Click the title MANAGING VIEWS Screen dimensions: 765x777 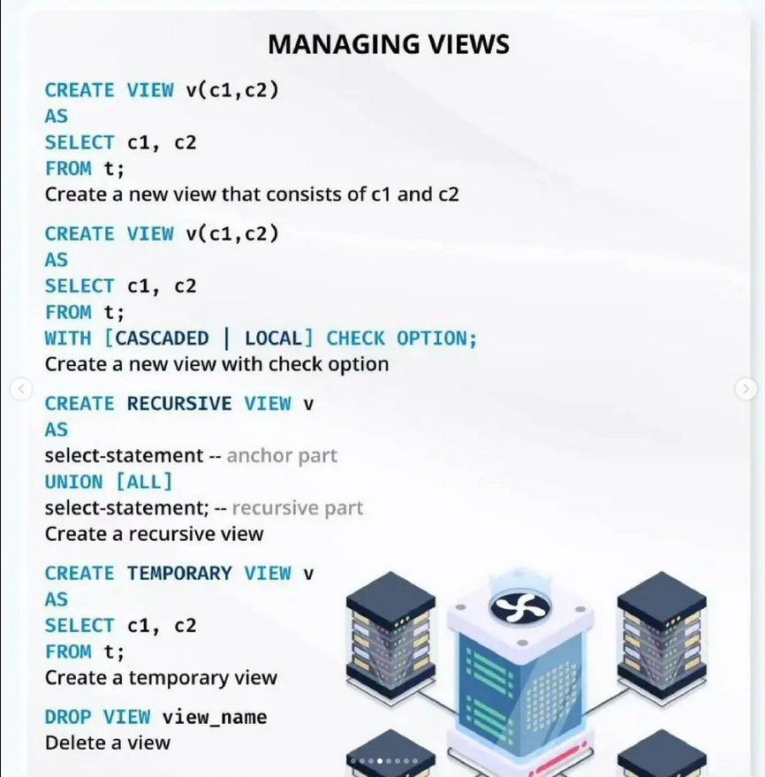pos(389,44)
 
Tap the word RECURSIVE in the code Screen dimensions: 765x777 pos(179,404)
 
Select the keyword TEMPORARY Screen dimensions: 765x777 pos(179,574)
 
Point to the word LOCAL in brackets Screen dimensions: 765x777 pos(273,339)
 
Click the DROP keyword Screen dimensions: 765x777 pos(68,717)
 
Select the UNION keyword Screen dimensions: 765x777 pos(73,482)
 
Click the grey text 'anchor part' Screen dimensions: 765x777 pos(282,456)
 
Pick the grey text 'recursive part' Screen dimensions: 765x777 pos(297,508)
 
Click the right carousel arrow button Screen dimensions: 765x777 pos(746,388)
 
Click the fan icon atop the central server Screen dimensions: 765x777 pos(521,607)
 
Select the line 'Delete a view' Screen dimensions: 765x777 pos(108,743)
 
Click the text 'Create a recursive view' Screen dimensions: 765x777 pos(154,534)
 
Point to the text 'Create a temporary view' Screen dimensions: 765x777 pos(161,678)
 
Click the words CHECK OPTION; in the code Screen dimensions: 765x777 pos(401,339)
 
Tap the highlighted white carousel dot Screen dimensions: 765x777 pos(380,761)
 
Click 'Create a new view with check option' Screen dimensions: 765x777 pos(216,364)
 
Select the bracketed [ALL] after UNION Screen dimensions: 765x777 pos(144,482)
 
